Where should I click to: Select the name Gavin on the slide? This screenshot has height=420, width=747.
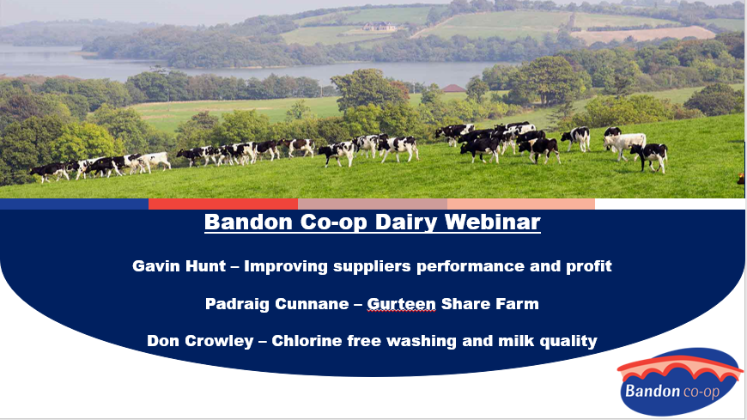click(155, 265)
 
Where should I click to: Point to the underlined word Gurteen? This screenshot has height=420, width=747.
click(401, 304)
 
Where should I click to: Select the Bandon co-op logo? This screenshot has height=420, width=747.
click(680, 382)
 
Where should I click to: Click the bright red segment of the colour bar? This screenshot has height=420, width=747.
click(223, 204)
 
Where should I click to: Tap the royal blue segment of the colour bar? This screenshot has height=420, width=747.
click(75, 204)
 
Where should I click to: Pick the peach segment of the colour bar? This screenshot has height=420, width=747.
click(520, 204)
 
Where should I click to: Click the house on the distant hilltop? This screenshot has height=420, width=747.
click(380, 27)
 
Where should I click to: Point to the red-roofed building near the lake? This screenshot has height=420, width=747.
click(453, 88)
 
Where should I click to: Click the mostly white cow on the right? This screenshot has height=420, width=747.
click(624, 143)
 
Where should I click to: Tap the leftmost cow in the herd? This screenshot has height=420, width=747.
click(49, 171)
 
